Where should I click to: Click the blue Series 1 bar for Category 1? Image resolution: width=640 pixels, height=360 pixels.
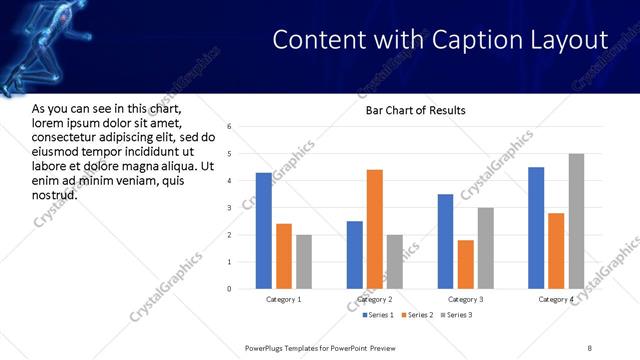click(263, 231)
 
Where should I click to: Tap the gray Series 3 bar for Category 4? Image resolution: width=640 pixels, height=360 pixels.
click(576, 221)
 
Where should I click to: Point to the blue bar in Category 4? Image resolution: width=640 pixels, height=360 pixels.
click(536, 228)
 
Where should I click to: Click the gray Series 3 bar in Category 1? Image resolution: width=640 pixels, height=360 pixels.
click(303, 262)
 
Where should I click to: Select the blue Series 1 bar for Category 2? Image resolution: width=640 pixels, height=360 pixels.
click(355, 255)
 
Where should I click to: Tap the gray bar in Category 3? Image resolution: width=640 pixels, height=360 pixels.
click(485, 248)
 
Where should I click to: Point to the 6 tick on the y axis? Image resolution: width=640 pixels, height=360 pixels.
click(229, 127)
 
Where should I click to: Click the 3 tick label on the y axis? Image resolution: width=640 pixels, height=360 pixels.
click(229, 208)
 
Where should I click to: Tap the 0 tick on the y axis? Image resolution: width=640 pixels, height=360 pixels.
click(229, 289)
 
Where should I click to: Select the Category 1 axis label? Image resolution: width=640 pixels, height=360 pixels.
click(283, 299)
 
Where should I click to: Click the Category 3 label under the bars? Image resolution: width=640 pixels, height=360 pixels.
click(465, 299)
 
